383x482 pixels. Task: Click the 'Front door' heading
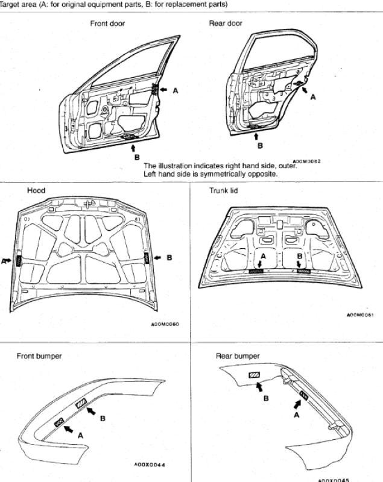tap(107, 23)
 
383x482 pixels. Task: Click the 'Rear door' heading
tap(226, 23)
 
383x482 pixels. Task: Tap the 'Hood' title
tap(36, 190)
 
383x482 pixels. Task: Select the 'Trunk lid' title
tap(224, 190)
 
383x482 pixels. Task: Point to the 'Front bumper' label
tap(39, 356)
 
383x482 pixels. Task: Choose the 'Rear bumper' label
tap(238, 356)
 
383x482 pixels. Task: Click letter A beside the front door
tap(176, 91)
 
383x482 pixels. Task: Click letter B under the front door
tap(137, 157)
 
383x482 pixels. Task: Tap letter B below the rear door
tap(260, 146)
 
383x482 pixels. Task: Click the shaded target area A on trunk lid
tap(256, 271)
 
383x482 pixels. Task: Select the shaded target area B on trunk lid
tap(304, 271)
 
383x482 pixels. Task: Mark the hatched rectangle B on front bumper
tap(81, 402)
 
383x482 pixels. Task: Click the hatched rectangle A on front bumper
tap(59, 422)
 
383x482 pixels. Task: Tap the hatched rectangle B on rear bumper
tap(254, 375)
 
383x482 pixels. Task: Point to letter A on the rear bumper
tap(297, 415)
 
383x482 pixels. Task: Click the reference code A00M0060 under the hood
tap(165, 324)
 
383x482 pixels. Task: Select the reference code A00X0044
tap(150, 465)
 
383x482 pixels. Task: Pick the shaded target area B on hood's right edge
tap(147, 258)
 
